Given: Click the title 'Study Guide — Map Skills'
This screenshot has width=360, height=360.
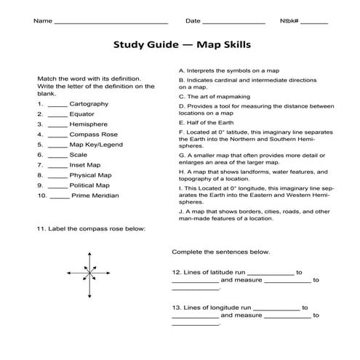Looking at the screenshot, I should pyautogui.click(x=182, y=44).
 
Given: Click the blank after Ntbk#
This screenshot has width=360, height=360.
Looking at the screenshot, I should pyautogui.click(x=313, y=22).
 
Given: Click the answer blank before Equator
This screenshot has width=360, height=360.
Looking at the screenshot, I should pyautogui.click(x=58, y=114).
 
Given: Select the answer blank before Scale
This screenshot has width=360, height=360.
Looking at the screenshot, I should pyautogui.click(x=58, y=155).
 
